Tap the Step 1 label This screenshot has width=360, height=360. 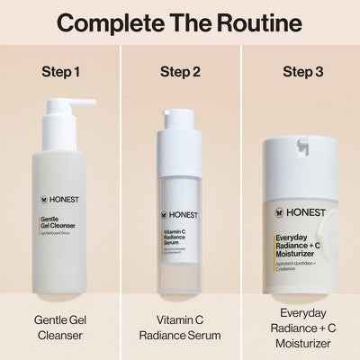(59, 70)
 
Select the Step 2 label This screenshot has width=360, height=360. (179, 70)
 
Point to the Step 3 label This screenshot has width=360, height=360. (300, 70)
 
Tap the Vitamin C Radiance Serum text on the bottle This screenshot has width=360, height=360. (175, 238)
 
